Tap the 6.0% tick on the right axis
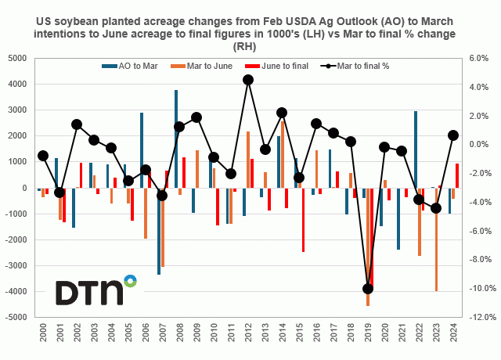(478, 58)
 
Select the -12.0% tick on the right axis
(478, 318)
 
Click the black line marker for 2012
(248, 79)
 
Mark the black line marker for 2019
(368, 289)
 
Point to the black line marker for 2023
(436, 209)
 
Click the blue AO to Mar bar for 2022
(415, 149)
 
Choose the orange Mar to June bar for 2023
(436, 239)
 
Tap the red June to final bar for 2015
(303, 220)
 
